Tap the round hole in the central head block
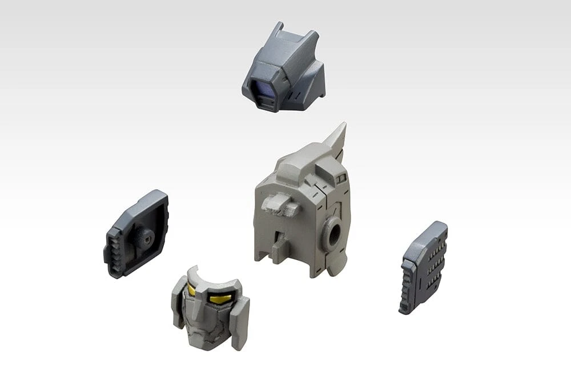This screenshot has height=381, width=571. coord(334,232)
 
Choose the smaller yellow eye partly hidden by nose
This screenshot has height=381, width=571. coord(192,291)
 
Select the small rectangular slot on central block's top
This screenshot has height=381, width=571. coord(341,179)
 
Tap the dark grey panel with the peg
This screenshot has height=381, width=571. coord(137,234)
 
